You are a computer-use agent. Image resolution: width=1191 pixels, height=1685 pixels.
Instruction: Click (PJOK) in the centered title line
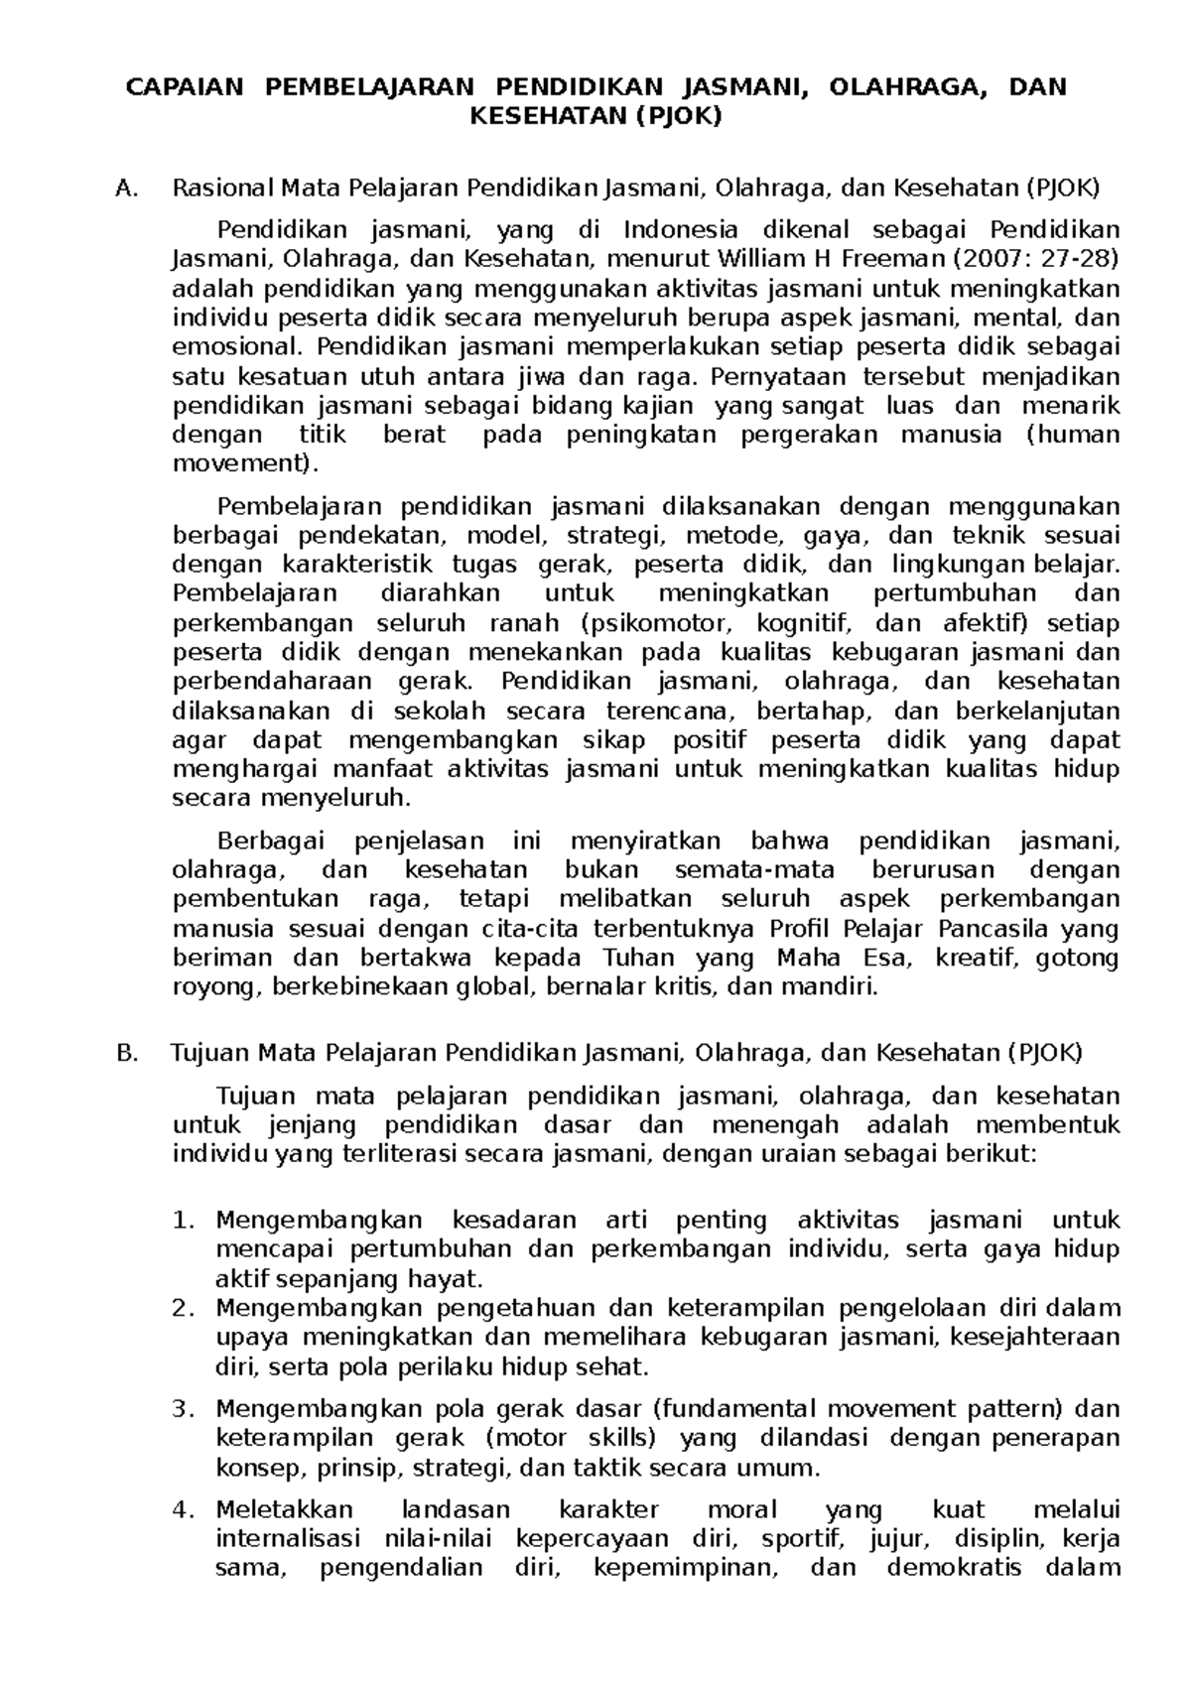click(678, 117)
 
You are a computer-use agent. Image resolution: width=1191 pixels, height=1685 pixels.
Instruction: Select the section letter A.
click(124, 189)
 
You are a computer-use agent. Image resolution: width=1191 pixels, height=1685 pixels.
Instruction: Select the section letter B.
click(124, 1054)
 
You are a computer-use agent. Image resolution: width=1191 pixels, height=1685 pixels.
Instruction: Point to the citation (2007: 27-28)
click(1035, 260)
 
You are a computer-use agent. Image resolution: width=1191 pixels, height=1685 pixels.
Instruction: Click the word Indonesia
click(680, 231)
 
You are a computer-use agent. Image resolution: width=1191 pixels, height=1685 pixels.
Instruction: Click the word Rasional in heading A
click(221, 189)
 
